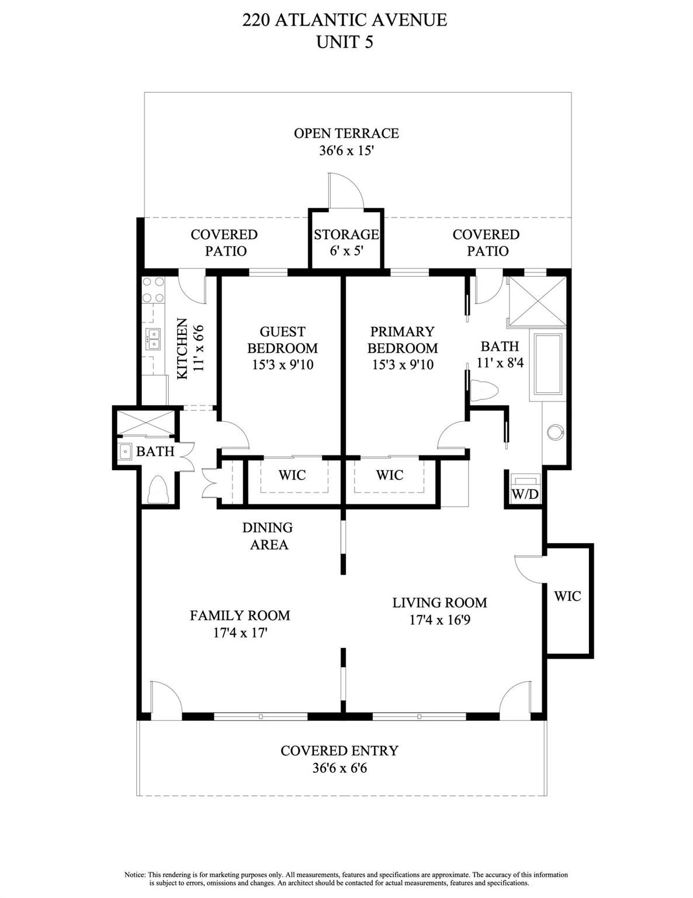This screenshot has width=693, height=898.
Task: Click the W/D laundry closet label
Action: point(525,494)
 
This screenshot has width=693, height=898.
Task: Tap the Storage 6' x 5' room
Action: point(346,242)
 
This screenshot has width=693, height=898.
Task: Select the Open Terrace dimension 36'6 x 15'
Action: point(346,150)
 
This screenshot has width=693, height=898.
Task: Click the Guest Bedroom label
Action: point(282,340)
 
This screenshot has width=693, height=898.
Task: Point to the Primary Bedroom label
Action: point(402,340)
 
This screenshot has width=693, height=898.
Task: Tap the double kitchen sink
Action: point(153,339)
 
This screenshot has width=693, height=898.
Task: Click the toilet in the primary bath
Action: point(483,391)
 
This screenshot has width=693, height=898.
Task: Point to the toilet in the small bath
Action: point(158,491)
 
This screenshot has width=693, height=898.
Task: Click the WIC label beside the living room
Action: point(567,596)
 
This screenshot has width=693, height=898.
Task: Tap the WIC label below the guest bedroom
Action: point(292,475)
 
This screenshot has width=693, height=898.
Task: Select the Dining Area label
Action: point(268,536)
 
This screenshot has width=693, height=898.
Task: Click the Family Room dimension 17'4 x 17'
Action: point(240,632)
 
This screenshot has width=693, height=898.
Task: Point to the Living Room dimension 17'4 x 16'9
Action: point(439,619)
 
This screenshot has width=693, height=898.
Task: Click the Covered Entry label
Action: point(339,751)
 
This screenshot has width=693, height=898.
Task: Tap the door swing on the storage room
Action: point(345,191)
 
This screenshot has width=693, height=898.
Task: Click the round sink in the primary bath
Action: point(555,432)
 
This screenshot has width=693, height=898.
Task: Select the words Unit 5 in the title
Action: point(344,42)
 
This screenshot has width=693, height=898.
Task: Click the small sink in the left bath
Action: point(124,451)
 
